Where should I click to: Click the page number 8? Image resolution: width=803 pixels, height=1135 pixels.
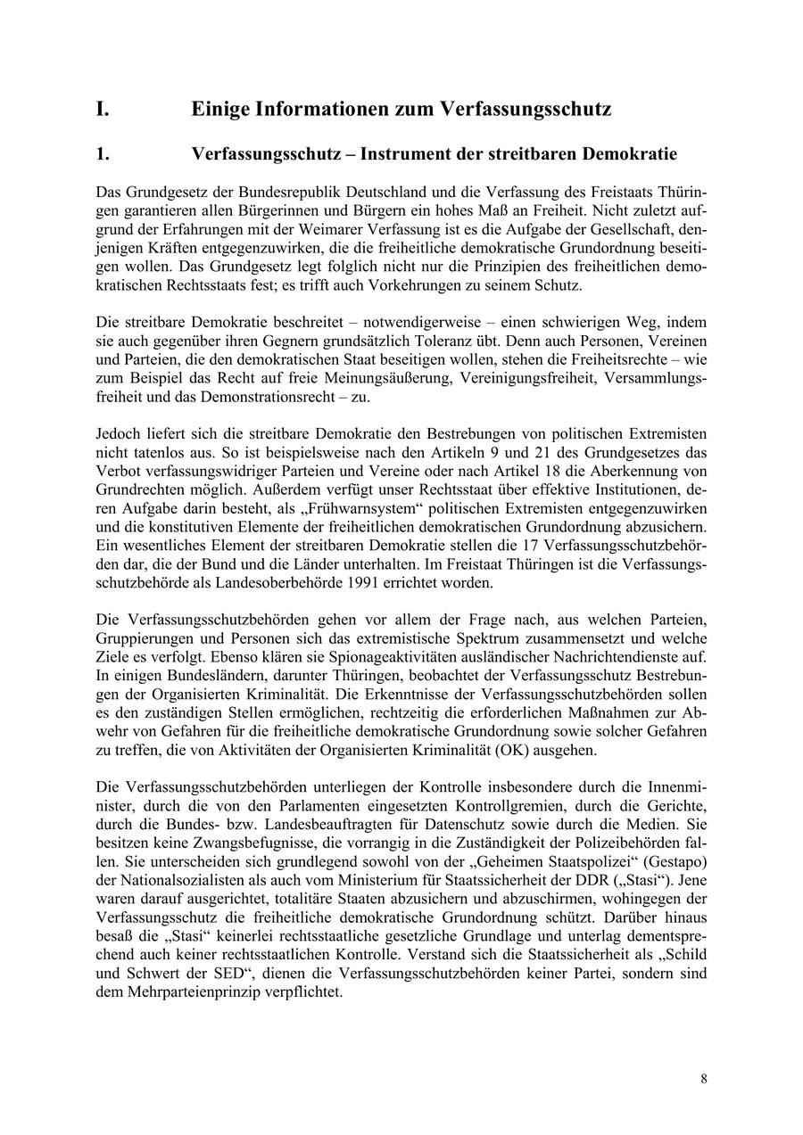(704, 1079)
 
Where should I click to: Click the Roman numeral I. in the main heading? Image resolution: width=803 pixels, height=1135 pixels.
(103, 110)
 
